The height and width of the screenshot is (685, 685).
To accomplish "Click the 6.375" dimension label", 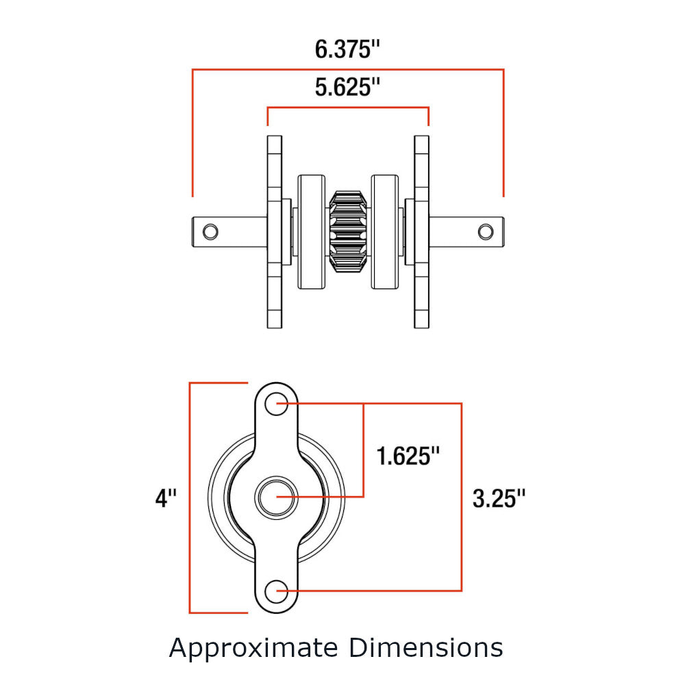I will [347, 50].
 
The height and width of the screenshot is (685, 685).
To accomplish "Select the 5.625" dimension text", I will [347, 88].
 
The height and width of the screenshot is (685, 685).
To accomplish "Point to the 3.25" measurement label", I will [499, 498].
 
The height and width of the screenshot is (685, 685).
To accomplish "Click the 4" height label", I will [166, 498].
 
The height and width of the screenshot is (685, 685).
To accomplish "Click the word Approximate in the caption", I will [253, 647].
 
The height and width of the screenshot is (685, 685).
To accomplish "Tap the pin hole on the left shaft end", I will [211, 231].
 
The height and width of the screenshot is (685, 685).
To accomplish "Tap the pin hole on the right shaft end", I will [485, 231].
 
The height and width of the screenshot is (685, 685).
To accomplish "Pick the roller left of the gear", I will [312, 232].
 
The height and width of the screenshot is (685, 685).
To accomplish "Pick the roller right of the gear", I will [384, 232].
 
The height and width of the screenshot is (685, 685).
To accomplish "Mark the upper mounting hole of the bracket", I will [277, 403].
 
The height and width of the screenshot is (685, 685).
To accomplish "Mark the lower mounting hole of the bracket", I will [277, 590].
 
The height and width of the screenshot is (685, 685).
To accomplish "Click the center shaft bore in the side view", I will [276, 497].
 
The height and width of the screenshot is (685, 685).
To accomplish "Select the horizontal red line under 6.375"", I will [348, 69].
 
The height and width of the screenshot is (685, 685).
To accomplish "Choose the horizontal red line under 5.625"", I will [348, 108].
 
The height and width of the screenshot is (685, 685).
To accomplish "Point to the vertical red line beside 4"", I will [190, 498].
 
